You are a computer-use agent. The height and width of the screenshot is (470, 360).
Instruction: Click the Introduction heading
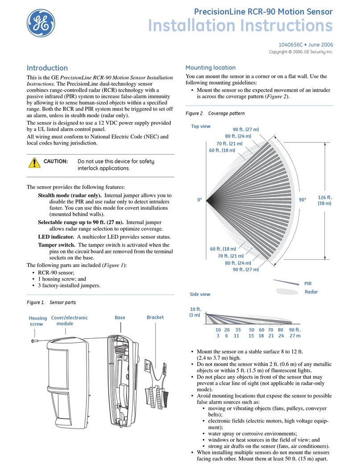47,68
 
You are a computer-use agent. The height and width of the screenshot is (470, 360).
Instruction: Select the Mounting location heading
210,68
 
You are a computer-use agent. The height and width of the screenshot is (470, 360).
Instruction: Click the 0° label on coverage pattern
200,200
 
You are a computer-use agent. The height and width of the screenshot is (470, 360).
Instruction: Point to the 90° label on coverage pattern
303,200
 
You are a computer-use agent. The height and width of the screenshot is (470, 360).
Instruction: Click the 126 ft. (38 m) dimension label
324,200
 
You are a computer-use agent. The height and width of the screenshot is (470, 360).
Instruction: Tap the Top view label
200,126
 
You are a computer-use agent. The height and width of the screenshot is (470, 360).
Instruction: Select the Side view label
200,294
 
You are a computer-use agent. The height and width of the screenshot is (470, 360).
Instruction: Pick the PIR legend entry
308,283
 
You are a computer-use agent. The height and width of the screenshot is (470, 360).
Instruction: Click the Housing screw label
37,321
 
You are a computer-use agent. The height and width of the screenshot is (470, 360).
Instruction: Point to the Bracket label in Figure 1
155,317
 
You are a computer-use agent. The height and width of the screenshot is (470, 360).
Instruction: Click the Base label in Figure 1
120,318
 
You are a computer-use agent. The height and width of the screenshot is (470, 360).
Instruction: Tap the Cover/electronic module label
70,321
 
